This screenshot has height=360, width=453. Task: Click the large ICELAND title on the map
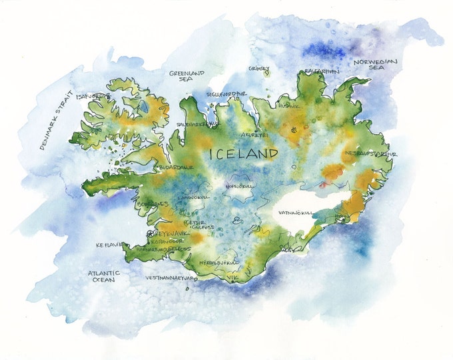[x=243, y=154]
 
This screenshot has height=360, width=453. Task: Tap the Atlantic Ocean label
[x=104, y=276]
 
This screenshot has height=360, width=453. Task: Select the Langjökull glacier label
[x=195, y=198]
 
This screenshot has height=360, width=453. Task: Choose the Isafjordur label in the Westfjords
[x=93, y=96]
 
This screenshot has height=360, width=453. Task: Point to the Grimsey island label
[x=259, y=68]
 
